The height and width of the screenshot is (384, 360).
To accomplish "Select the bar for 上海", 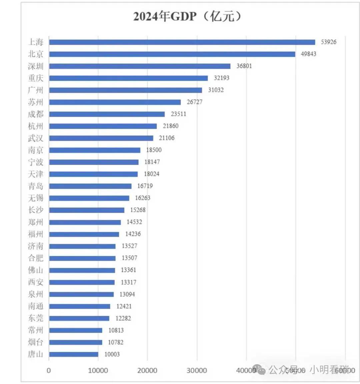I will (182, 42).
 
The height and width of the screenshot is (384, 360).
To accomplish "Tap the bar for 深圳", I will (140, 66).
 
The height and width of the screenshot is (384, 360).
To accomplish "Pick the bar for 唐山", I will (74, 354).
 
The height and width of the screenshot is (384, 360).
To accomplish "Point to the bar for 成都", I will (107, 114).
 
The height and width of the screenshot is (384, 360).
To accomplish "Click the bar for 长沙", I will (87, 210).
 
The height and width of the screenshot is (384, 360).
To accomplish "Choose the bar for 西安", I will (82, 282).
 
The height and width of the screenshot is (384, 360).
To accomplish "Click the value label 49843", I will (308, 54).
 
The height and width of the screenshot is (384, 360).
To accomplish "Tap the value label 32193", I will (221, 78).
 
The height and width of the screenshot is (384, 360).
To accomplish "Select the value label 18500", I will (154, 150).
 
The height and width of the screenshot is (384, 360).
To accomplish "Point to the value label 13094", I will (127, 294).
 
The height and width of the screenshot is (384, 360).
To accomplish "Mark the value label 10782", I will (115, 342).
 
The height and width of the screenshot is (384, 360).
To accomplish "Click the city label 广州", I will (36, 90).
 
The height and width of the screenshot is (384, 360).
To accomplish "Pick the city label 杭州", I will (36, 126).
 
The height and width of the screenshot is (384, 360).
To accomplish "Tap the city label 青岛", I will (36, 186).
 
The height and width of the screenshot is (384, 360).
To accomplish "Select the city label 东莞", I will (36, 318).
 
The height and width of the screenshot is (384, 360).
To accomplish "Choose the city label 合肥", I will (36, 258).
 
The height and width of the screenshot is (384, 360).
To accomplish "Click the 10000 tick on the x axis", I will (98, 370).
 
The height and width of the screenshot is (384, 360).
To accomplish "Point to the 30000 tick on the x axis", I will (197, 370).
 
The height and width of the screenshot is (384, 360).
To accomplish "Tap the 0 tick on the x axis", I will (49, 370).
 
